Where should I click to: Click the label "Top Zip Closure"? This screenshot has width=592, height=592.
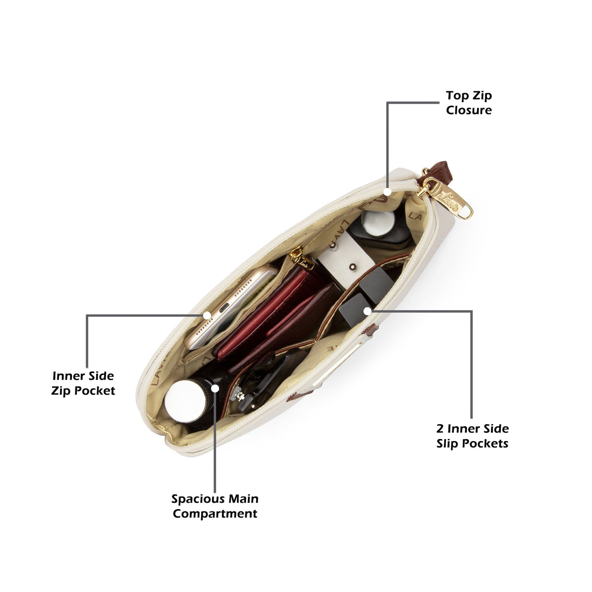point(469,103)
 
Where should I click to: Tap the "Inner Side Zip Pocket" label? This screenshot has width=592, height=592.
point(83,384)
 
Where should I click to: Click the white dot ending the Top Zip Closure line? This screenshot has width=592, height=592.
point(387,192)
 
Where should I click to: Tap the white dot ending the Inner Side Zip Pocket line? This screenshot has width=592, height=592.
point(207,315)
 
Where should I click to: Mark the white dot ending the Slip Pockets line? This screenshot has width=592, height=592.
point(367,311)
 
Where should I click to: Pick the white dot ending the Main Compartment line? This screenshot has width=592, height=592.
point(215,388)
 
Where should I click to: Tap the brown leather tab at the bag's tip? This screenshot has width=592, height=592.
point(437,173)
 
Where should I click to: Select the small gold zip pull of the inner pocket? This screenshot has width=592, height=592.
point(301,258)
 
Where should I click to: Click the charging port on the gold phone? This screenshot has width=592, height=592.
point(224,307)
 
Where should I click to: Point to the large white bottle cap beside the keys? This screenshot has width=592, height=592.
point(185,401)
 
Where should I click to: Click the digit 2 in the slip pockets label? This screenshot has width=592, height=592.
point(440,429)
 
